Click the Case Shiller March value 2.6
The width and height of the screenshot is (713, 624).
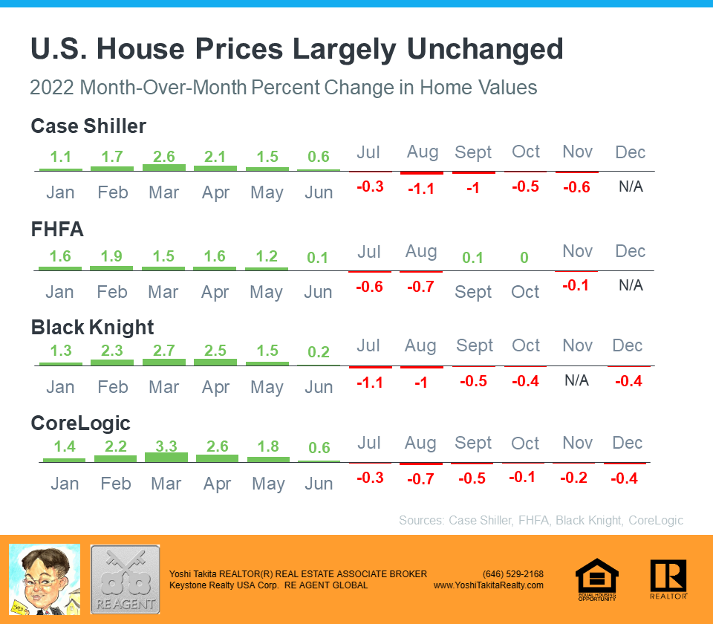point(163,157)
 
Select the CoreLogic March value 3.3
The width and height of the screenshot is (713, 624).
point(166,447)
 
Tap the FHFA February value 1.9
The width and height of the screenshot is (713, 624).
point(111,257)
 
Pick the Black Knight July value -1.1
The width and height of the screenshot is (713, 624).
point(369,381)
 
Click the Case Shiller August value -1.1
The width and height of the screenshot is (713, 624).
point(421,188)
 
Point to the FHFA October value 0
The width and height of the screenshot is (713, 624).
point(524,258)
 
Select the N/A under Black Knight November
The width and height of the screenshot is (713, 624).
point(576,380)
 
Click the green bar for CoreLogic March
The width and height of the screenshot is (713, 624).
point(166,457)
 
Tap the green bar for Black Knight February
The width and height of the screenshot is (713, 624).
point(112,363)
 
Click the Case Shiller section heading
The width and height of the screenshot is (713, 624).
point(88,126)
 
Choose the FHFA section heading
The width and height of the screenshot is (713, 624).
point(57,230)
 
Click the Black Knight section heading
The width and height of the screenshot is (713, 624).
point(92,328)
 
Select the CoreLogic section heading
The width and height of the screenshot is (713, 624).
point(80,423)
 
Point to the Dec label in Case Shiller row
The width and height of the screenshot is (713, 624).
point(630,152)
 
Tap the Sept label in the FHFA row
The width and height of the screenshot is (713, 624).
point(473,292)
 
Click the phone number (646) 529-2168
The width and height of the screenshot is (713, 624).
point(512,574)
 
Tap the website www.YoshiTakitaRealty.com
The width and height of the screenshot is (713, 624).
point(488,585)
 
